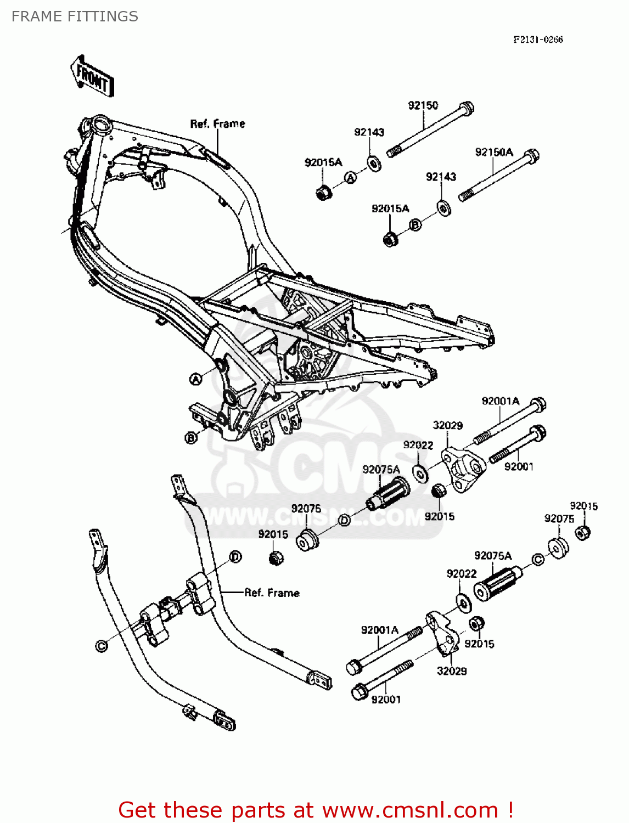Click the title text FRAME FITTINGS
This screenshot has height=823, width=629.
tap(75, 16)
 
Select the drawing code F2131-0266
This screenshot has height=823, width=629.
tap(537, 40)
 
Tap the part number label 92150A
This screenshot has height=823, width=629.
tap(493, 152)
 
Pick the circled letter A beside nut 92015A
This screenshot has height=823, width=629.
tap(350, 177)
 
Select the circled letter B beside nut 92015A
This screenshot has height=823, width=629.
tap(415, 224)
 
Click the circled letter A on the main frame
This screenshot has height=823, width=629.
tap(195, 379)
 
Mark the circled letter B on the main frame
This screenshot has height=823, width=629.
tap(190, 437)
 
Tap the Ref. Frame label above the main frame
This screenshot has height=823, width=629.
tap(217, 124)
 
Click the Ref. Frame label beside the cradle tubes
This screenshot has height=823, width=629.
tap(272, 593)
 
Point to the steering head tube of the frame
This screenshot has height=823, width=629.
tap(102, 124)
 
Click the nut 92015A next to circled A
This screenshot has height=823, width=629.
tap(323, 193)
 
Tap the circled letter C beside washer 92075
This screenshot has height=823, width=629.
tap(538, 559)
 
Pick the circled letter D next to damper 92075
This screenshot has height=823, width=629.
tap(344, 520)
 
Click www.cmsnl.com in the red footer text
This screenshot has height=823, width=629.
tap(410, 810)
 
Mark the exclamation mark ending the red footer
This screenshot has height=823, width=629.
tap(510, 809)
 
